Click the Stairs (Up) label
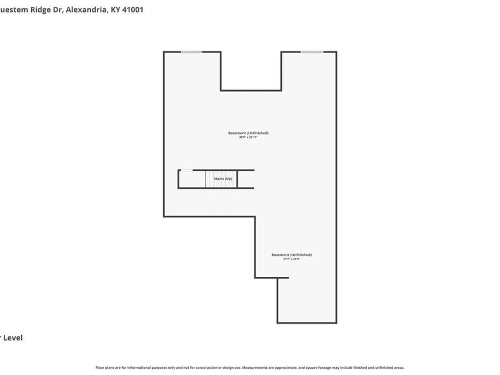tap(223, 179)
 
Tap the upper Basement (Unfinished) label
tap(248, 133)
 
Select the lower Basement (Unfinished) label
tap(291, 254)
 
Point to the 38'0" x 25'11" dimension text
tap(248, 137)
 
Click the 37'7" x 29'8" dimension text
tap(291, 259)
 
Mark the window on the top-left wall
tap(191, 52)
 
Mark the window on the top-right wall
tap(312, 52)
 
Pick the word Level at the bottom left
tap(13, 337)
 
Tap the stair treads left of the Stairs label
tap(212, 179)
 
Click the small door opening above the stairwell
tap(186, 170)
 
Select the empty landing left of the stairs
tap(192, 179)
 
